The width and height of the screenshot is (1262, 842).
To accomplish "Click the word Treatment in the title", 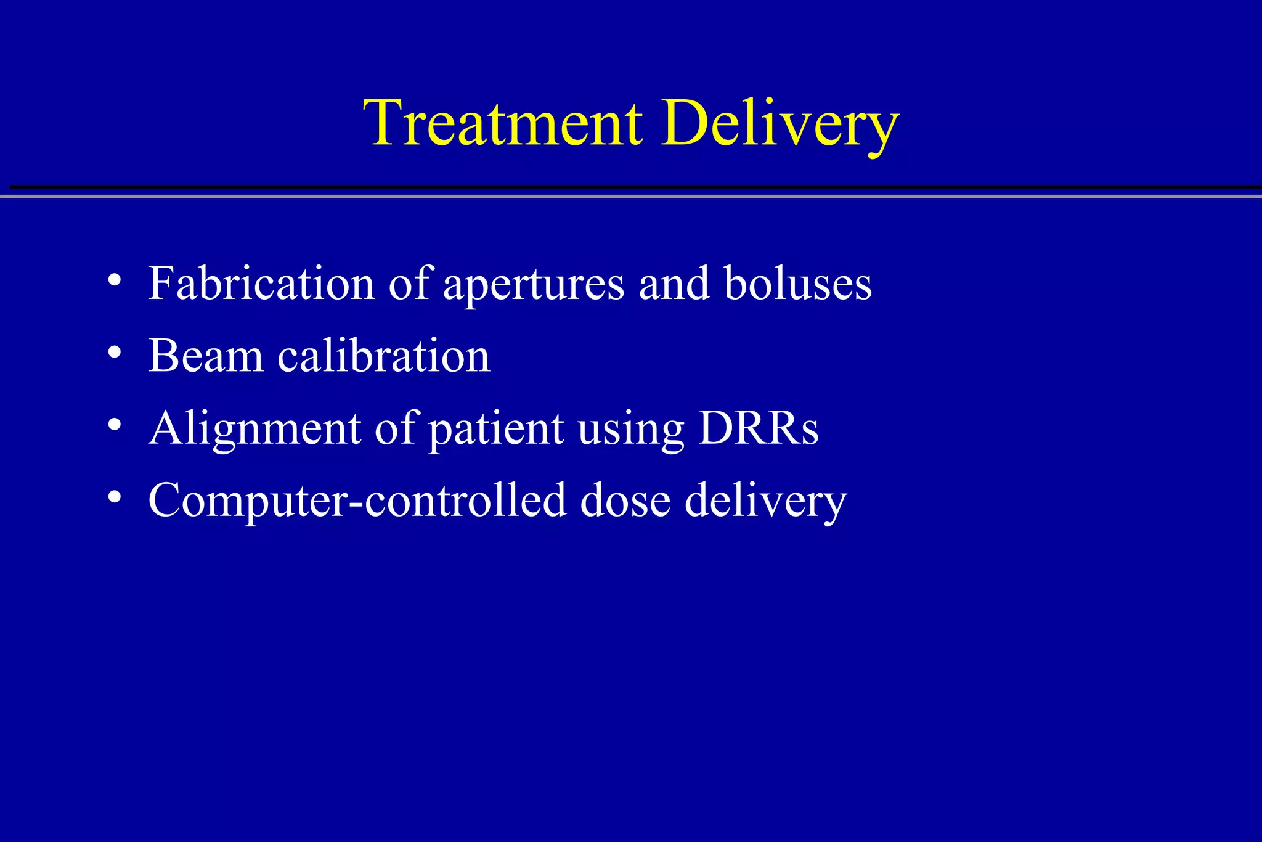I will coord(503,123).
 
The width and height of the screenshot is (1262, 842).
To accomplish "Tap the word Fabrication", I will coord(261,284).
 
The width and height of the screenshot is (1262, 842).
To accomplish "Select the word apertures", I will coord(534,285).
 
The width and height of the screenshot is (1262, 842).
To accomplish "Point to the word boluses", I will coord(797,284).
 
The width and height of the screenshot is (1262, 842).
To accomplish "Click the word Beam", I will coord(206,356).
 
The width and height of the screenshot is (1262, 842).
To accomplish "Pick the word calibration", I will coord(383,356).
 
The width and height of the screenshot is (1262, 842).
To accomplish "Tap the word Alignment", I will coord(254,429).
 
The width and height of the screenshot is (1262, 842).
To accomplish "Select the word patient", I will coord(495,429).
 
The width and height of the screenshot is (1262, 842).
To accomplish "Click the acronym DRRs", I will coord(758,428).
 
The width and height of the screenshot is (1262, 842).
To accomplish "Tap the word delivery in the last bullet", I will coord(765,501).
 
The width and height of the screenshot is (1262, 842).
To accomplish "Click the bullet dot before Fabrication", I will coord(114,280).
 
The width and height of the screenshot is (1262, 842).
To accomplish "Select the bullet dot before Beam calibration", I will coord(114,353).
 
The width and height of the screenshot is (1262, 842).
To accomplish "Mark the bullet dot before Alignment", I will coord(114,425).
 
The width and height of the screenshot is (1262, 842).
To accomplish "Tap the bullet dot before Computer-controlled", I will coord(114,497).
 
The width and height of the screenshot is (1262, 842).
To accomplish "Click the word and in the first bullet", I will coord(674,284).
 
